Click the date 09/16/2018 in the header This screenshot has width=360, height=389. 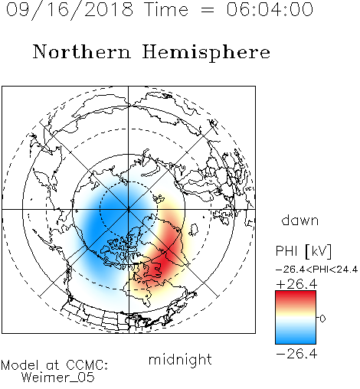(x=70, y=10)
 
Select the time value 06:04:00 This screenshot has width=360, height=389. (x=270, y=9)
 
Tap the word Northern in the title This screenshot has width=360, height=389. (x=82, y=51)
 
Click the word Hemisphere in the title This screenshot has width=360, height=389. (x=206, y=53)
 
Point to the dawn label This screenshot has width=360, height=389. (x=300, y=220)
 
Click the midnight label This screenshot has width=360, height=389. (x=180, y=361)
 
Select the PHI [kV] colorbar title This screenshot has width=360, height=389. (x=303, y=251)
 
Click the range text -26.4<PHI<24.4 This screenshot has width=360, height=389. (x=317, y=270)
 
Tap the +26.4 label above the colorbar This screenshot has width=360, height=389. (x=296, y=284)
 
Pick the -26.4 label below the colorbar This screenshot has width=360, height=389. (x=296, y=354)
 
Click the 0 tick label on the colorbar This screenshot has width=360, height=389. (x=322, y=319)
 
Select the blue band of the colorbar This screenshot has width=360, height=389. (x=296, y=335)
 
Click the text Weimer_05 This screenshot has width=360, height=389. (x=58, y=378)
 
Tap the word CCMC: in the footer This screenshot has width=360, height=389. (x=87, y=365)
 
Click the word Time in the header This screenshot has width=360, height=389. (x=166, y=10)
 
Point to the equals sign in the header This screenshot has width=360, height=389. (x=208, y=11)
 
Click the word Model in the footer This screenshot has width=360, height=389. (x=20, y=365)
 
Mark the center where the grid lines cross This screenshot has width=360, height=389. (x=129, y=210)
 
